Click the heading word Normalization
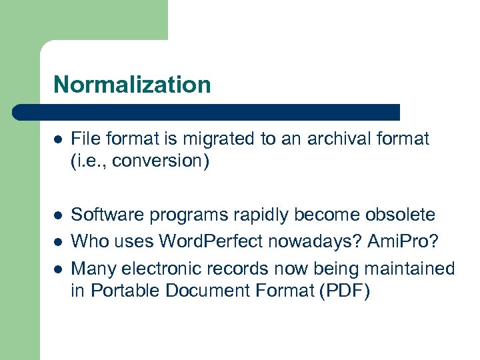[x=132, y=85]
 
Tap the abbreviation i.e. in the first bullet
[x=89, y=161]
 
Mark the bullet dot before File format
[x=58, y=140]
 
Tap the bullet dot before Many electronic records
[x=58, y=269]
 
